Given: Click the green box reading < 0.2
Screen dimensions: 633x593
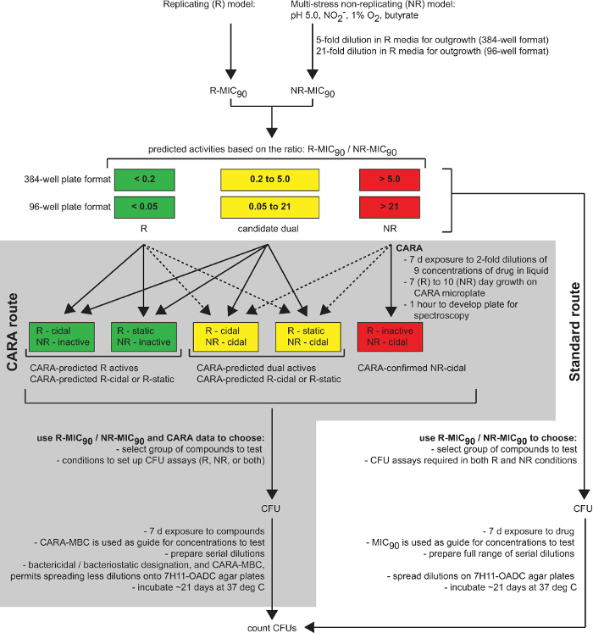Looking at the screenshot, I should click(145, 180).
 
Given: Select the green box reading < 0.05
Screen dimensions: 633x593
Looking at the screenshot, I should click(145, 207).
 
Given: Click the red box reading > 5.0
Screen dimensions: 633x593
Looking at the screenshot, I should click(390, 180).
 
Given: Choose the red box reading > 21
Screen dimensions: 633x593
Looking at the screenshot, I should click(390, 207).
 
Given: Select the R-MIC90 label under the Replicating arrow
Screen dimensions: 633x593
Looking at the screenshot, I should click(230, 89).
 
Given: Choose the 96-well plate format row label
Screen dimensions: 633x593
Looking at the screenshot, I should click(60, 207).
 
